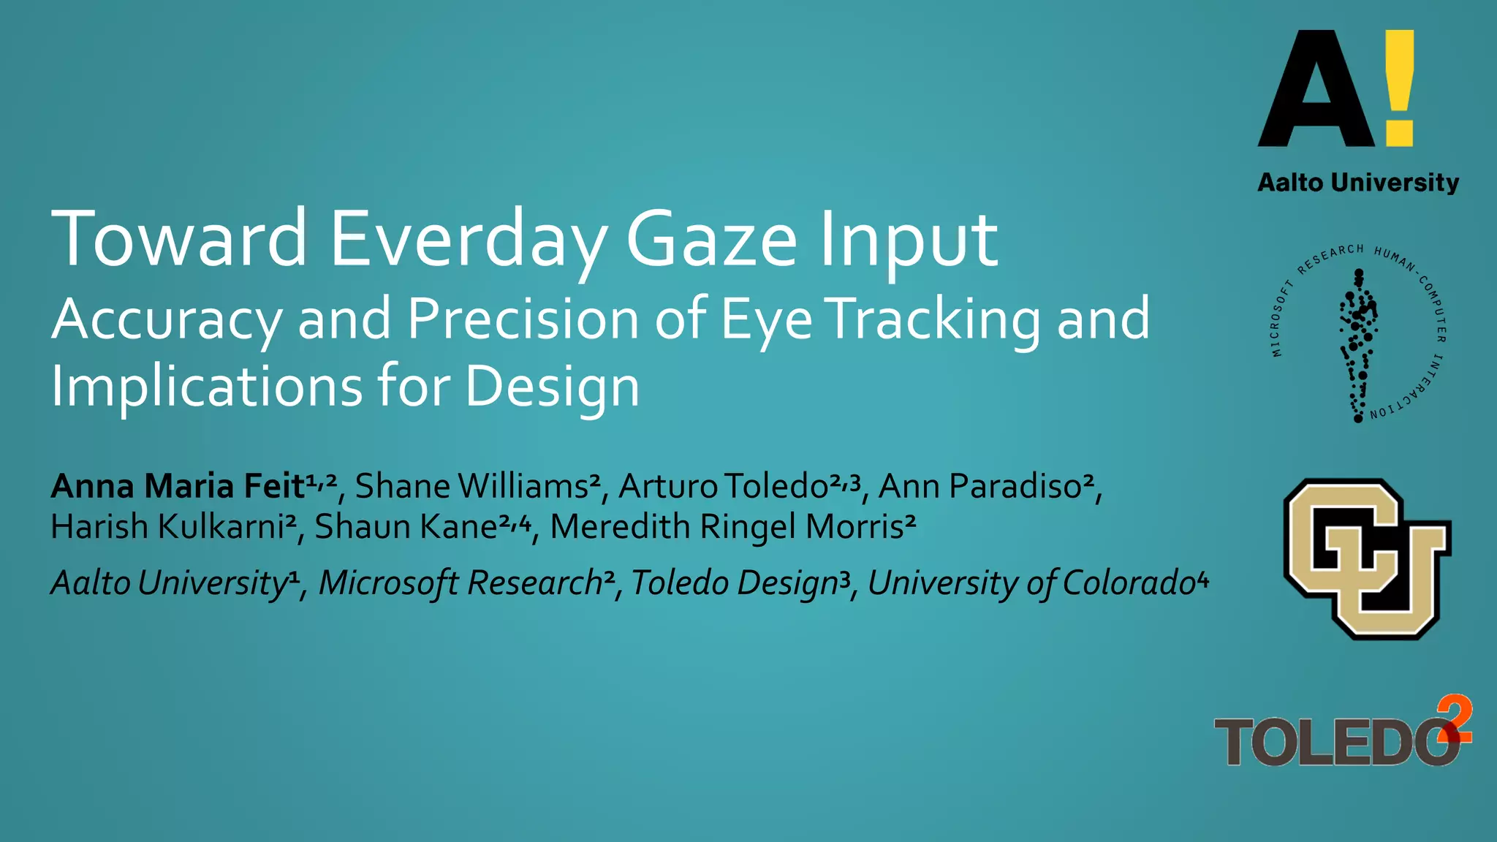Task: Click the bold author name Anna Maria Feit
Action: point(178,487)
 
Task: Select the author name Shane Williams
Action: point(472,487)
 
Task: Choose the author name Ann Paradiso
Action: point(979,487)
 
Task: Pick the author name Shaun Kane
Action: point(406,527)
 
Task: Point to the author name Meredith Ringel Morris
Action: point(727,527)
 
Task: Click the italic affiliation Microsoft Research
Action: point(461,583)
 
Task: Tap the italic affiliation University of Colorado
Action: point(1031,583)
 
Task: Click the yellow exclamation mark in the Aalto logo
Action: point(1399,88)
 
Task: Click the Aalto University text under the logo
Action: point(1358,183)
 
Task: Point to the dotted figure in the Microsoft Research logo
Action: point(1358,344)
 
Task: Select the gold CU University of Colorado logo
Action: point(1365,559)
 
